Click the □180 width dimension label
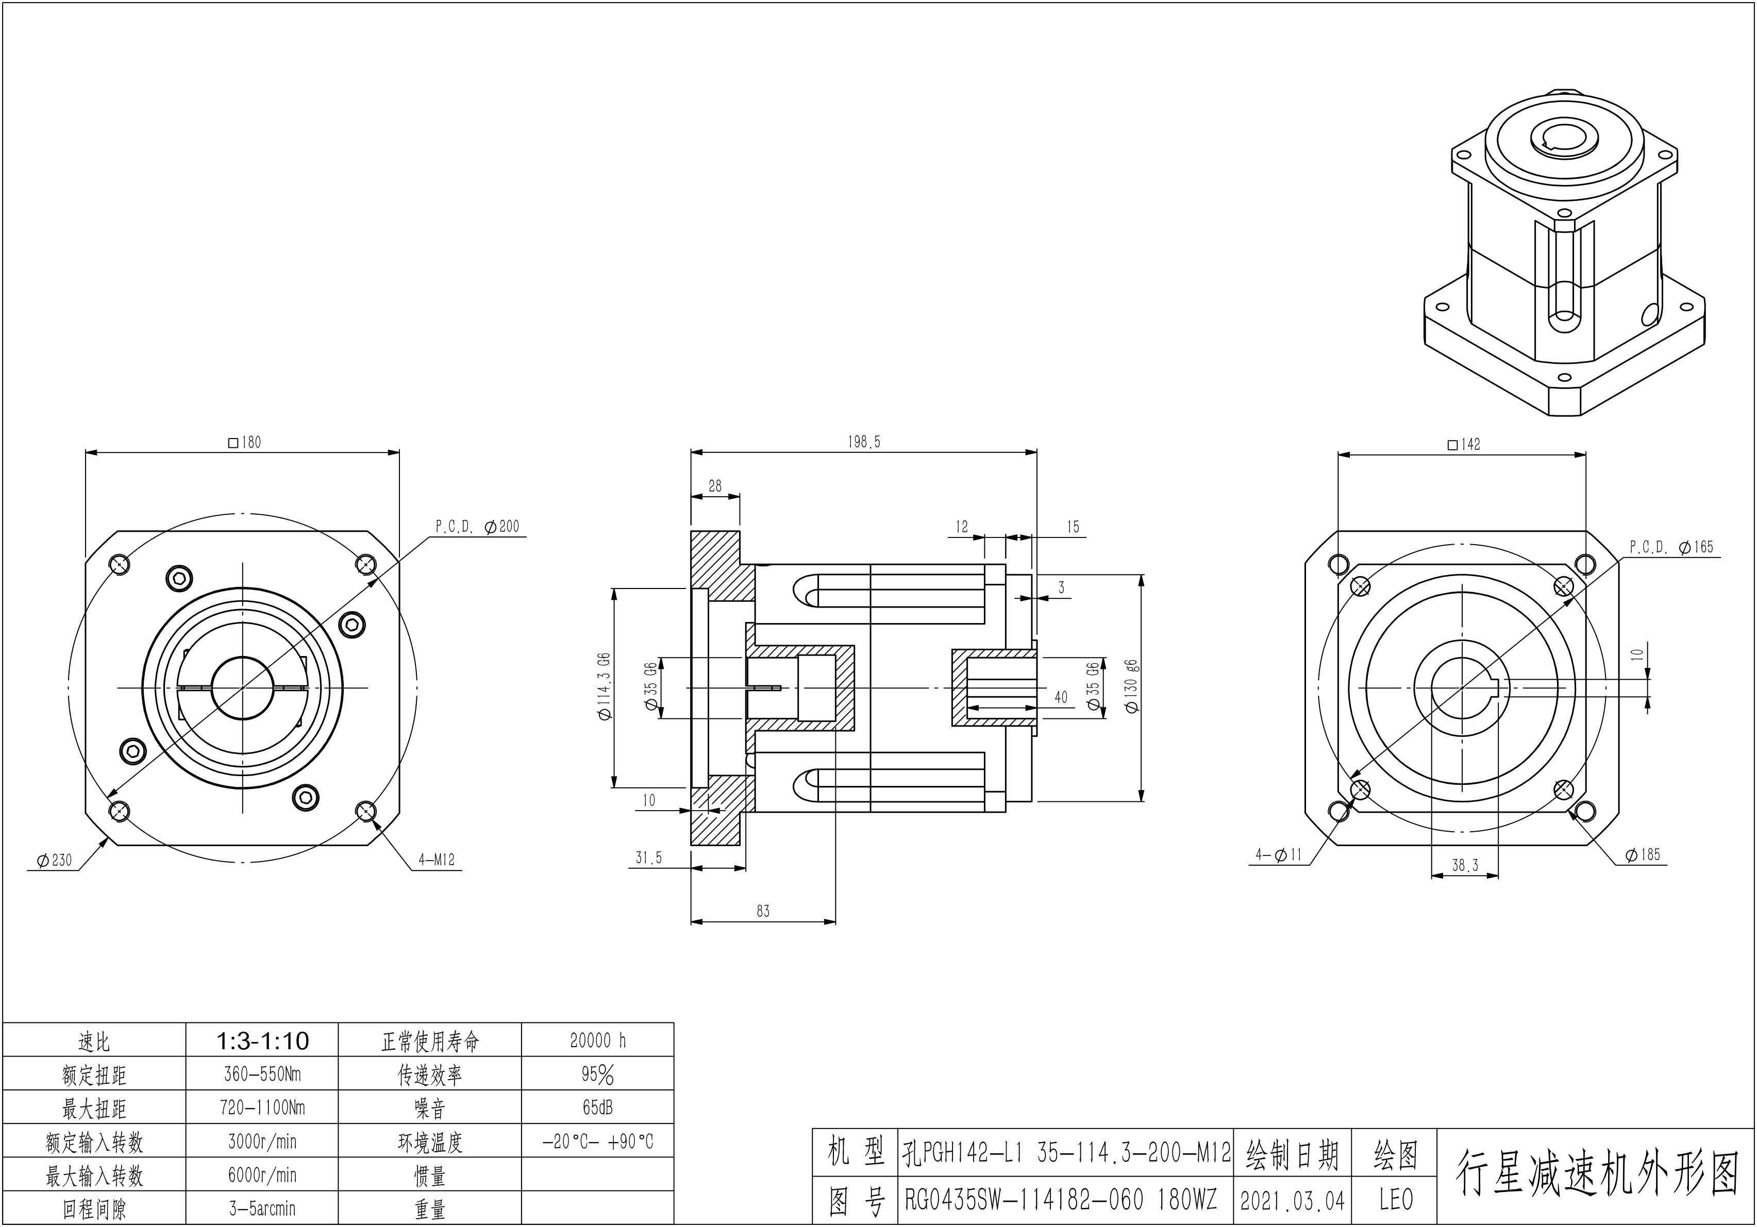pos(245,442)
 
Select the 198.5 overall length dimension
pos(864,442)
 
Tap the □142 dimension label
pos(1464,444)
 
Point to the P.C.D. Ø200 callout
pos(477,526)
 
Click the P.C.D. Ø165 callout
pos(1671,547)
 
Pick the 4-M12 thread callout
pos(436,860)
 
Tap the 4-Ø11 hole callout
pos(1278,854)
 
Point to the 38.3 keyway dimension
pos(1465,866)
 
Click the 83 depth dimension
pos(763,911)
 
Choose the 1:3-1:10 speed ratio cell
pos(262,1040)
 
